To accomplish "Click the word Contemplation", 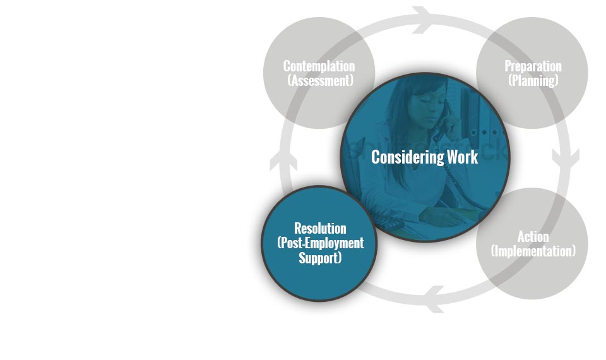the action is coord(319,66).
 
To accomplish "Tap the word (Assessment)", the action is coord(321,80).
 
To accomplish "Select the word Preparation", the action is coord(533,66).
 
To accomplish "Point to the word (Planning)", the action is coord(533,80).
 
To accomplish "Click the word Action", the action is coord(533,237).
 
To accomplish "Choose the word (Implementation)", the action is coord(533,251).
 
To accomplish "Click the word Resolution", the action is coord(320,228).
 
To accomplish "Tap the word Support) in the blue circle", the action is coord(320,258).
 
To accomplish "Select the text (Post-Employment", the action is coord(321,243).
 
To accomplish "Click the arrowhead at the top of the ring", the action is coord(422,20).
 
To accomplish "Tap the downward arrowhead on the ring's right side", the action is coord(566,159).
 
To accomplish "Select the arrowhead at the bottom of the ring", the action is coord(434,299).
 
